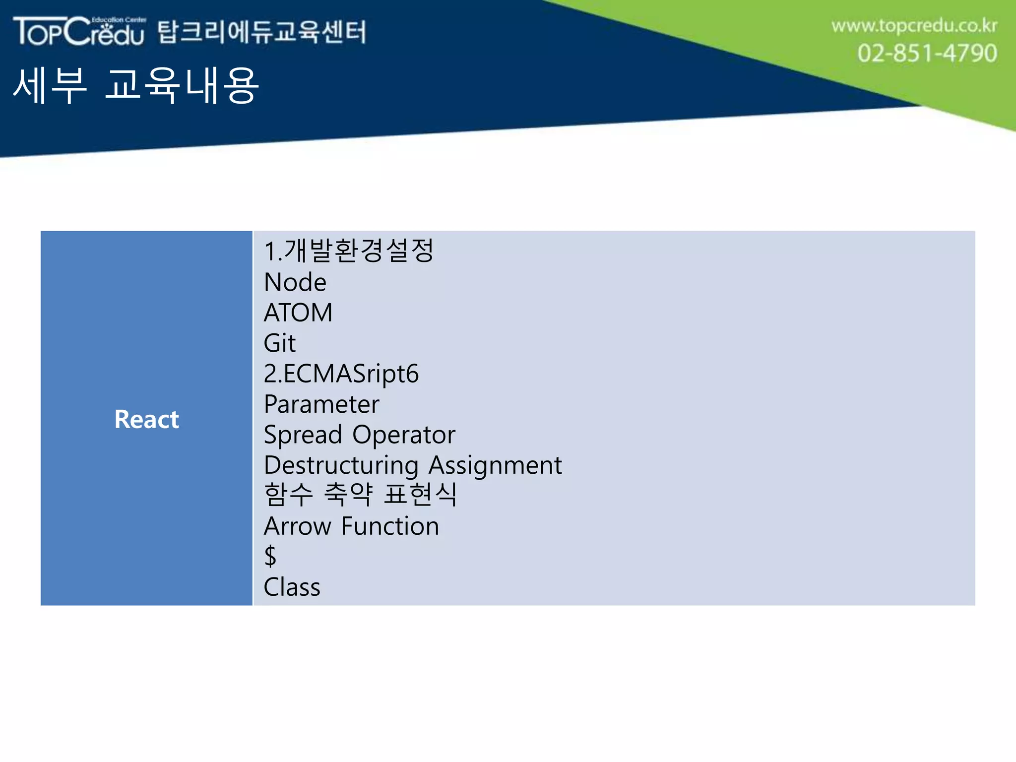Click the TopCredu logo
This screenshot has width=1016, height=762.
coord(79,31)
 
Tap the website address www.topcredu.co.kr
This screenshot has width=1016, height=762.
coord(914,26)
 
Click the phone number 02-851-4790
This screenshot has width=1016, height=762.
coord(927,53)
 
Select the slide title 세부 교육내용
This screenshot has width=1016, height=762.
coord(135,86)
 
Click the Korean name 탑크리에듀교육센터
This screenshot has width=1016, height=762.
coord(262,32)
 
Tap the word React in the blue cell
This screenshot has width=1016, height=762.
coord(146,419)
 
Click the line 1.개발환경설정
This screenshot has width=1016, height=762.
coord(349,251)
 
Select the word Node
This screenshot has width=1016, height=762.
coord(295,282)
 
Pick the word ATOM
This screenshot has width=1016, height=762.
coord(298,313)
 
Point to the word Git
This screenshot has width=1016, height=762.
coord(279,343)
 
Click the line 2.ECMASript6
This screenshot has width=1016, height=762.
coord(341,374)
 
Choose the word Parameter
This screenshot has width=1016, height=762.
coord(321,404)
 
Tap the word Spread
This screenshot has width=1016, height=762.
coord(303,435)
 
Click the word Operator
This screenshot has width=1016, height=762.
coord(404,435)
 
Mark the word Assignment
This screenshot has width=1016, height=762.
coord(495,465)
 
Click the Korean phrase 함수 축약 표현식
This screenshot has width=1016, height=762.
coord(360,495)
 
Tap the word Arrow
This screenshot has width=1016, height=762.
coord(297,526)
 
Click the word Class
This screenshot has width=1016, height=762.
coord(292,587)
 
